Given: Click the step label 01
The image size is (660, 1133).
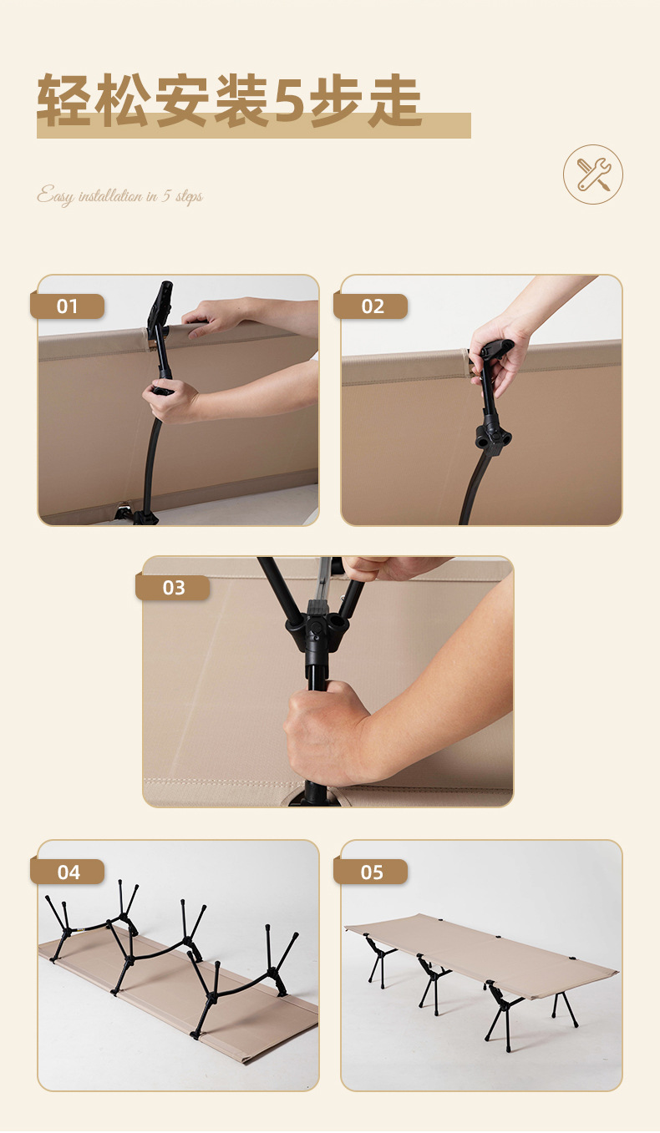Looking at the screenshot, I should point(68,306).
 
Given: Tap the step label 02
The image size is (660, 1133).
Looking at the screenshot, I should point(372,306).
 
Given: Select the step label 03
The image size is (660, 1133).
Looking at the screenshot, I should point(173,588).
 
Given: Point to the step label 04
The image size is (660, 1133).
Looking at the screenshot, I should point(69,873).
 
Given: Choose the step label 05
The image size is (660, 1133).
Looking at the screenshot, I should point(372,873).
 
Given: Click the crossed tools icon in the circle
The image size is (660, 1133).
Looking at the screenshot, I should point(593,175).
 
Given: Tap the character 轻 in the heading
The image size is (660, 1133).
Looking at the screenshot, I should point(63,100).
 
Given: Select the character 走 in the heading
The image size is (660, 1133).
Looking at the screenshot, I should point(394,100).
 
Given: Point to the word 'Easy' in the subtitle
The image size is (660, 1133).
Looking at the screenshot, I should point(55,197).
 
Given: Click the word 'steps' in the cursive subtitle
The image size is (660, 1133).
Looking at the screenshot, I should point(188,197).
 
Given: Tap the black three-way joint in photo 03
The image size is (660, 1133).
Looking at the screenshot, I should point(316,621).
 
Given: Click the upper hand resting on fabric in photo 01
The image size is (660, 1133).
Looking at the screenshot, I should point(213,316).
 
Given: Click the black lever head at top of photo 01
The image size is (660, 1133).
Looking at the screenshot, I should point(160,305).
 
